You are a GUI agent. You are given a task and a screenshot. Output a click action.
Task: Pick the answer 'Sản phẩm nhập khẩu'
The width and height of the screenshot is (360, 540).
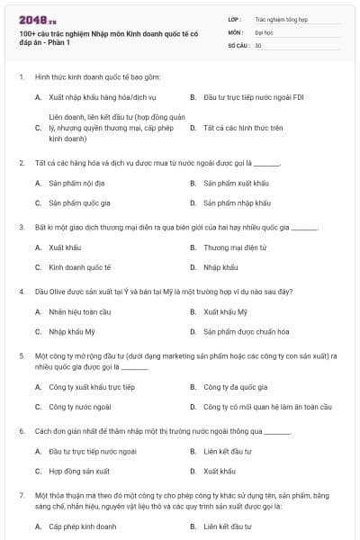tap(237, 202)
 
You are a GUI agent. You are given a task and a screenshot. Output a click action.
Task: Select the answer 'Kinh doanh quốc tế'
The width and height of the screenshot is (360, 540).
tap(80, 267)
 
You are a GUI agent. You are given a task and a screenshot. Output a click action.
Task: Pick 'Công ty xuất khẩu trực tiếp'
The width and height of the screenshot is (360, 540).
tap(92, 387)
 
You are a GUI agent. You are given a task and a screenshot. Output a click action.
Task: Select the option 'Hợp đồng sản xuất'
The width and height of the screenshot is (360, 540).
tap(79, 471)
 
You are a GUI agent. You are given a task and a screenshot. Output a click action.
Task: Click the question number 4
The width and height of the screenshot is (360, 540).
tap(21, 292)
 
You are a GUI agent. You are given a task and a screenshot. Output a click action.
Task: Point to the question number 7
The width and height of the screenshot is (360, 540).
tap(21, 495)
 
